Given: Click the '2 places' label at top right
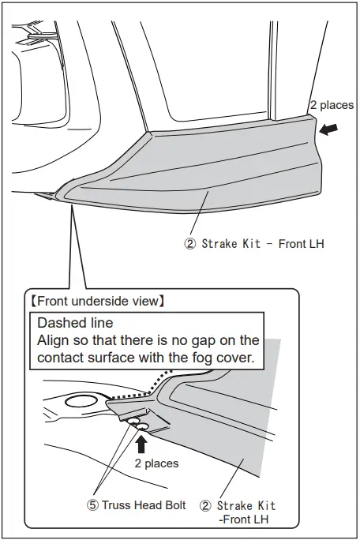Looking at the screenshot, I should (332, 104).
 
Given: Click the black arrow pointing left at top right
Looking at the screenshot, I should (331, 127).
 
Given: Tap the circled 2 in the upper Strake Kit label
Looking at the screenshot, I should (189, 244).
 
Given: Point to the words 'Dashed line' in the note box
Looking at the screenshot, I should (76, 324).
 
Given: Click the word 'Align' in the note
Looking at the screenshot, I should (55, 340).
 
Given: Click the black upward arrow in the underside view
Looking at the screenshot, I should (143, 443).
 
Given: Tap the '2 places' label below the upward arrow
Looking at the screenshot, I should (156, 463).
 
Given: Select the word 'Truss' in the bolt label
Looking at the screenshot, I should (121, 505).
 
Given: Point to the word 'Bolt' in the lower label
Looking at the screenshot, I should (174, 505).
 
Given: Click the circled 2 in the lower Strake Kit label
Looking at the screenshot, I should (206, 505).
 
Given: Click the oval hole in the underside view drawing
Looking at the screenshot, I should (81, 403).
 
